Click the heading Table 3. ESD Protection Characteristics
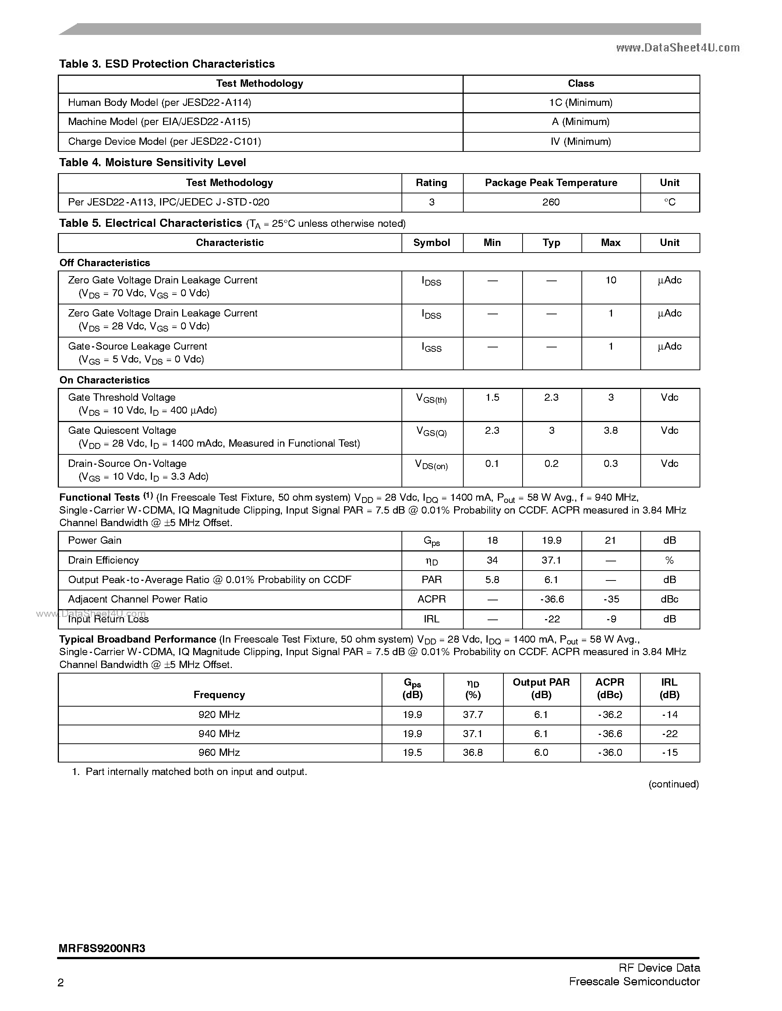pos(167,64)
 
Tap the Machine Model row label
pos(159,122)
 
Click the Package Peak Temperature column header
pos(551,183)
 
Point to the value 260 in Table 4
pos(551,202)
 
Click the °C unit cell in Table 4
pos(669,202)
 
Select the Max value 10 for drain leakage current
pos(611,280)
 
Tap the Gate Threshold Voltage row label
pos(122,397)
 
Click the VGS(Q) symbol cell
pos(431,432)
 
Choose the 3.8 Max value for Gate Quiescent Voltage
pos(611,431)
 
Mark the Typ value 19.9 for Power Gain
pos(551,540)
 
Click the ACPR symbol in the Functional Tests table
pos(431,599)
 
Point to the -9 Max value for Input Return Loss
pos(611,619)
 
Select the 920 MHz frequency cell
pos(219,715)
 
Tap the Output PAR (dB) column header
pos(541,688)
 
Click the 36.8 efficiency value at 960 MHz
pos(473,753)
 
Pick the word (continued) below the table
pos(673,784)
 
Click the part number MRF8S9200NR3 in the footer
pos(102,948)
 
